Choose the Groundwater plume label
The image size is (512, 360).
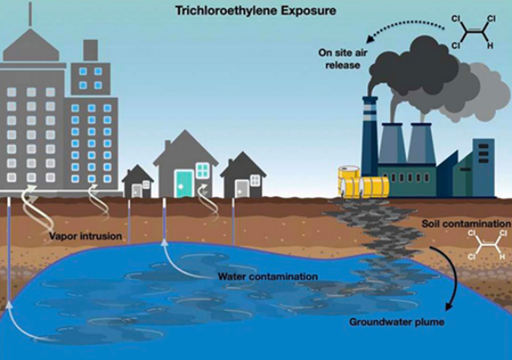click(x=388, y=322)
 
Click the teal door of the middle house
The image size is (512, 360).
click(x=183, y=183)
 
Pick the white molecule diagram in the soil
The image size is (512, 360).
click(x=483, y=247)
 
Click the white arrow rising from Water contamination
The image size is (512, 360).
click(x=175, y=256)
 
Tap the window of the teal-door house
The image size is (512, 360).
click(x=203, y=171)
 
